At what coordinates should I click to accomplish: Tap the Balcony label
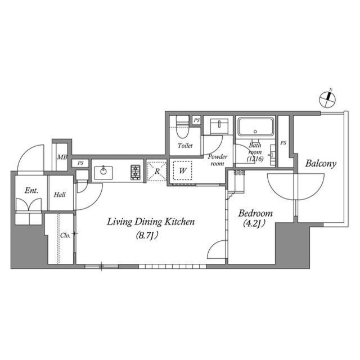(321, 164)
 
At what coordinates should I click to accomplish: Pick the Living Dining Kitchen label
(151, 222)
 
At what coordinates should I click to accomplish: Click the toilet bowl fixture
(181, 128)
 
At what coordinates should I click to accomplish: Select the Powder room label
(217, 160)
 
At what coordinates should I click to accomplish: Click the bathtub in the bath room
(255, 127)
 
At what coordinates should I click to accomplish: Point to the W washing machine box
(183, 169)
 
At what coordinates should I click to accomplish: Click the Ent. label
(31, 191)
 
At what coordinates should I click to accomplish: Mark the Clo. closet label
(65, 235)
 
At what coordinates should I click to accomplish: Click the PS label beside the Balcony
(283, 143)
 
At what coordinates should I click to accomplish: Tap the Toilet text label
(185, 146)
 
